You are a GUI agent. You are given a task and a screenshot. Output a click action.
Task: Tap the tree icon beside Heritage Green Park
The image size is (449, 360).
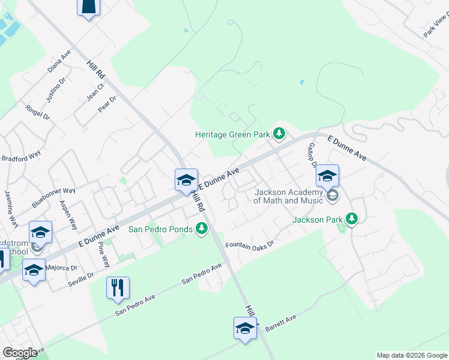pos(279,133)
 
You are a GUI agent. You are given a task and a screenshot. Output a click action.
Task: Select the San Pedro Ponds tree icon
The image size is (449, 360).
pos(202,228)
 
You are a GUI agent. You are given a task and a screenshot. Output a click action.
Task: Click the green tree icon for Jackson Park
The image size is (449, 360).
pos(352,219)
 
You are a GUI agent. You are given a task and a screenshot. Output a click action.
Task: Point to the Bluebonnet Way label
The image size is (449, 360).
pos(54,198)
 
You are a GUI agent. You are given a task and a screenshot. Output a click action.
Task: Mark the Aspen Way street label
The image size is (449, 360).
pos(68,214)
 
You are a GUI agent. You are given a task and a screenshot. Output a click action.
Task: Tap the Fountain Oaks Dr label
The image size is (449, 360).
pos(249,245)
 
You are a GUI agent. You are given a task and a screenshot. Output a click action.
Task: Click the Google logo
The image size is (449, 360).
pos(20,352)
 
